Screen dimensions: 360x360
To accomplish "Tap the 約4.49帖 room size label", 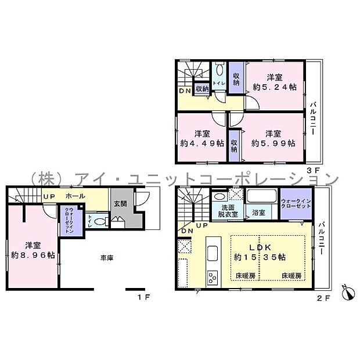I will (201, 143).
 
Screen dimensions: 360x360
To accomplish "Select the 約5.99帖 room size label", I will (273, 143).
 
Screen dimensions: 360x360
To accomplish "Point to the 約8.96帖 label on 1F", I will (33, 255).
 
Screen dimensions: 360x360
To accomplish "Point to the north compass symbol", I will (347, 292).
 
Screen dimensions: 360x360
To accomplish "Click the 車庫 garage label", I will (106, 257).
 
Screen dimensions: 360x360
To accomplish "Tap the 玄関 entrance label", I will (120, 204).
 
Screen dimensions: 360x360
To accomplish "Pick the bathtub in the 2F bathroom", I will (261, 196).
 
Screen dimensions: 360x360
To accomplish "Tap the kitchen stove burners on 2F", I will (211, 277).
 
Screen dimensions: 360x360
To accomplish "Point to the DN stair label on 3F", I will (185, 91).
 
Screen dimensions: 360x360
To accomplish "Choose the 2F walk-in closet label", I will (296, 204).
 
